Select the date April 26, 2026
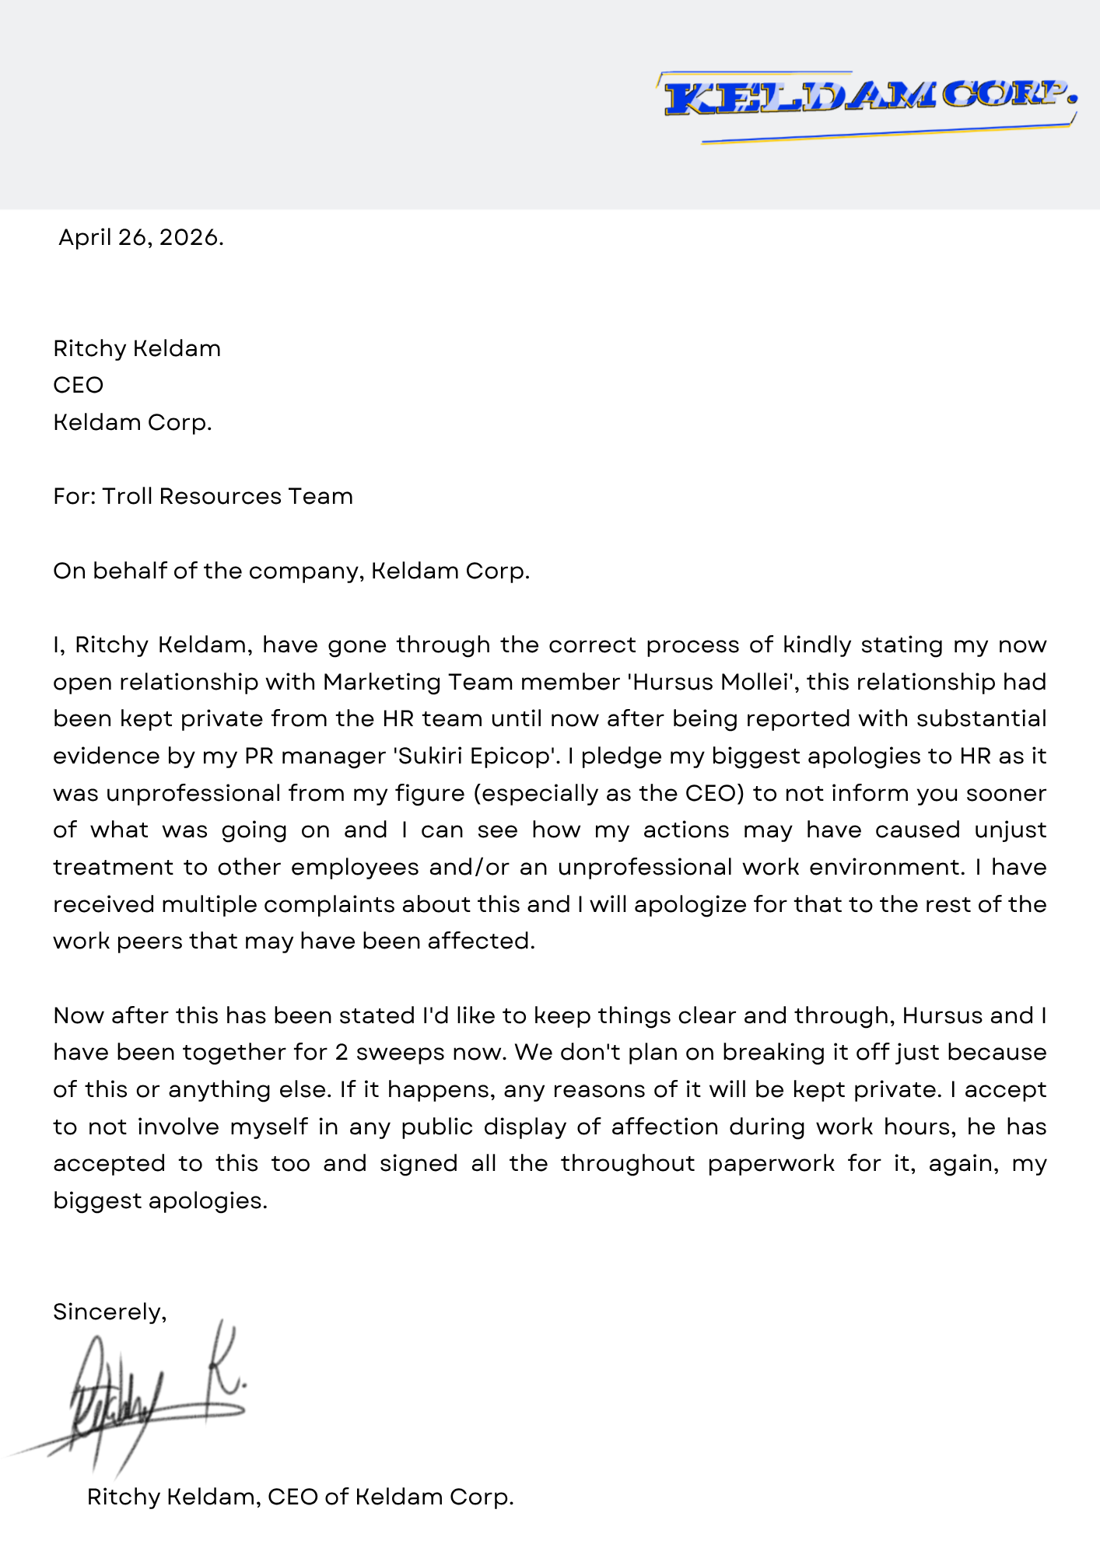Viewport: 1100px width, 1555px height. (141, 237)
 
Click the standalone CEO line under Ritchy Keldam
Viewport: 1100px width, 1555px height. (78, 385)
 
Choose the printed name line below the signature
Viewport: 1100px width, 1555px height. (300, 1497)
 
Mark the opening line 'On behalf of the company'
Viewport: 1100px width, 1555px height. (291, 571)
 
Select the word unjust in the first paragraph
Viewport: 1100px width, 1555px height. (1010, 830)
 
